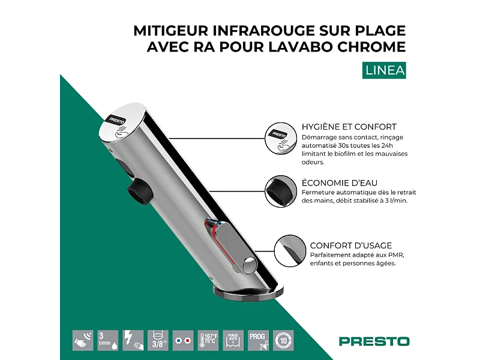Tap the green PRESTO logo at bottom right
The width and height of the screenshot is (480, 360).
click(374, 341)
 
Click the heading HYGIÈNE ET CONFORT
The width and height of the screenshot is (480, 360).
click(349, 127)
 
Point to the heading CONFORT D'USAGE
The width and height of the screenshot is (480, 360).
click(351, 245)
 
